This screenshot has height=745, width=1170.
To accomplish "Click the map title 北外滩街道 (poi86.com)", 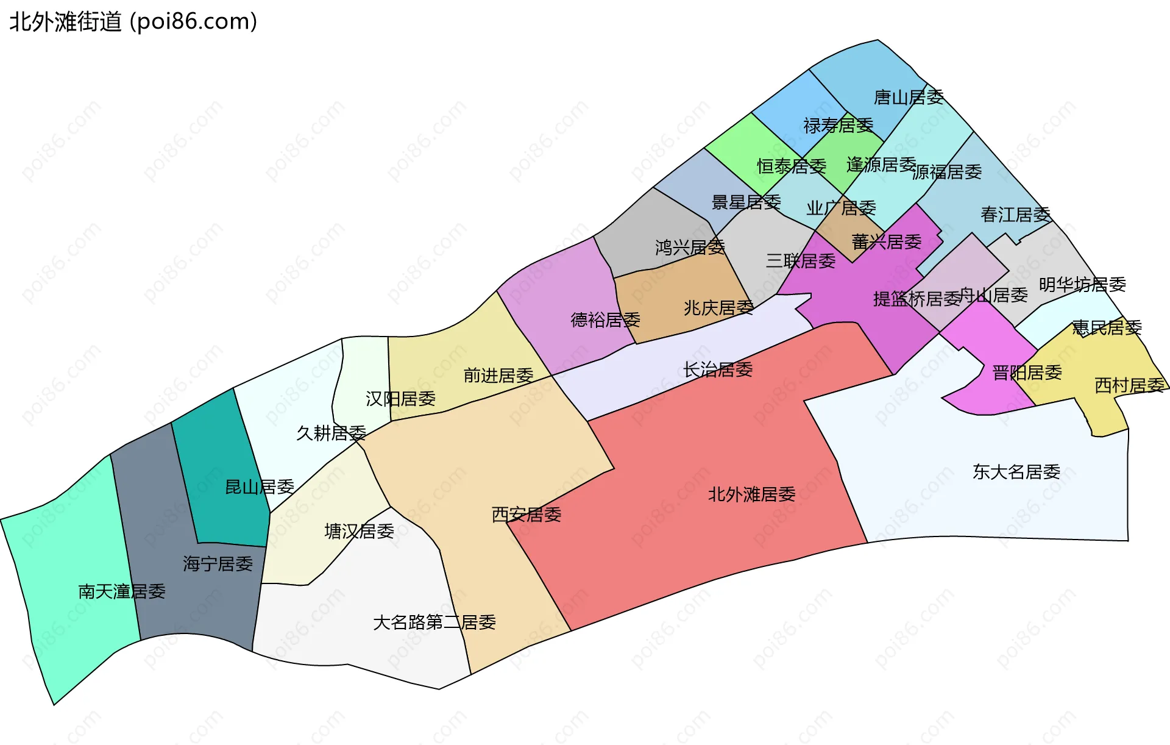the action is tap(133, 22).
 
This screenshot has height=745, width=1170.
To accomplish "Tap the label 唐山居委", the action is tap(909, 97).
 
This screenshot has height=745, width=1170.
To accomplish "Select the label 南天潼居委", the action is tap(122, 591).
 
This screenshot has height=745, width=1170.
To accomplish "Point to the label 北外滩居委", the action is tap(751, 494).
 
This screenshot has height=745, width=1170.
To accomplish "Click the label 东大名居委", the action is tap(1016, 472).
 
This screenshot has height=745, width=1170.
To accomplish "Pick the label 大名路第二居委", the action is tap(434, 622).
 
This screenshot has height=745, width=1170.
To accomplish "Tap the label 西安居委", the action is tap(526, 515).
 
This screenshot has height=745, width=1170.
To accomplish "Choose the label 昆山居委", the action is tap(260, 487).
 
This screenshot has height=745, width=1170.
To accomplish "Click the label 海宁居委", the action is tap(218, 564).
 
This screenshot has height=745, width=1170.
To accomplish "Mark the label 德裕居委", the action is tap(605, 320).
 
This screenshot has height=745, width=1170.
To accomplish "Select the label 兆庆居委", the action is tap(718, 308).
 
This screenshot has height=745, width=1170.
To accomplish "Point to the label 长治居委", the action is tap(718, 369).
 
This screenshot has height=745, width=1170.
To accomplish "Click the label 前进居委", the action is tap(498, 376).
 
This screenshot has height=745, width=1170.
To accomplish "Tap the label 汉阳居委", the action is tap(400, 399).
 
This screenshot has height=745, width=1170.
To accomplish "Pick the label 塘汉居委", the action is tap(359, 532).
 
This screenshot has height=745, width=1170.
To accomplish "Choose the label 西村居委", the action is tap(1130, 385).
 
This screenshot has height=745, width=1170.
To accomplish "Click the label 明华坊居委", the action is tap(1082, 285).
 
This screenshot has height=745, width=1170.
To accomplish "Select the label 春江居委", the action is tap(1016, 215).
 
